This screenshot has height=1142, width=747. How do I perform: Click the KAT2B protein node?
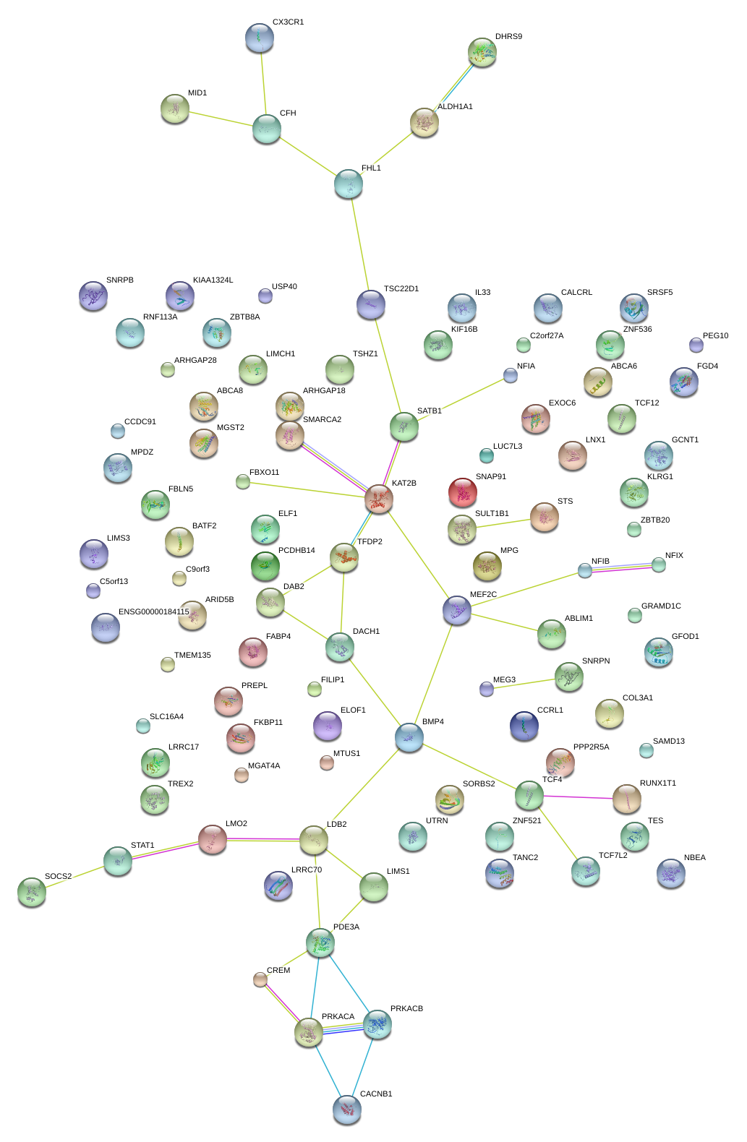[x=379, y=498]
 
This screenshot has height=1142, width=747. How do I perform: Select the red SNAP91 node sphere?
[x=462, y=492]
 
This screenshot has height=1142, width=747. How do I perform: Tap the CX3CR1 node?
[x=260, y=38]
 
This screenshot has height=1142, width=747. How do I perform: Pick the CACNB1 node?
[x=347, y=1109]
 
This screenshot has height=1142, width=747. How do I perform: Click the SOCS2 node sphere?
[x=32, y=892]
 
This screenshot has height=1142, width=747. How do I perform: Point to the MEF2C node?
[x=456, y=610]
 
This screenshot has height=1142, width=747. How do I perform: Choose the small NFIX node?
[x=659, y=564]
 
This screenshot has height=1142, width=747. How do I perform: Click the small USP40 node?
[x=265, y=296]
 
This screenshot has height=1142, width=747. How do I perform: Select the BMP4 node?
[x=409, y=737]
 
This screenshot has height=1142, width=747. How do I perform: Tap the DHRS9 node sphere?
[x=482, y=52]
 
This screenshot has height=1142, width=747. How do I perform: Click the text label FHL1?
[x=371, y=168]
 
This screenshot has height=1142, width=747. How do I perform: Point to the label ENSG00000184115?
[x=153, y=611]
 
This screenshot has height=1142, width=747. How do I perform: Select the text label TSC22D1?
[x=401, y=288]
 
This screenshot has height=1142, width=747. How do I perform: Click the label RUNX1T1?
[x=657, y=783]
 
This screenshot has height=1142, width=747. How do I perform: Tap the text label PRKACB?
[x=406, y=1008]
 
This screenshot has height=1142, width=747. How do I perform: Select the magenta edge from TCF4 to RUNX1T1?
[x=578, y=797]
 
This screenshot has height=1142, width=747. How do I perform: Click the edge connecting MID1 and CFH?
[x=221, y=119]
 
